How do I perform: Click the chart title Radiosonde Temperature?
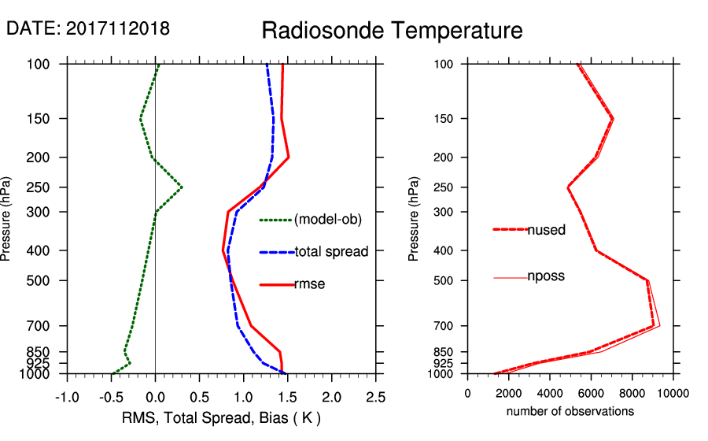tap(392, 31)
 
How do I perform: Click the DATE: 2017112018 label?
tap(88, 28)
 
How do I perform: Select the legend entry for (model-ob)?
tap(327, 220)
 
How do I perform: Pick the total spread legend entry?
tap(331, 252)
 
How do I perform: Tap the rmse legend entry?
tap(310, 284)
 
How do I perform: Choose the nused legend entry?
tap(546, 230)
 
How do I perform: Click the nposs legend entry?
tap(546, 276)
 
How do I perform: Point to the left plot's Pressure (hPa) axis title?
tap(8, 218)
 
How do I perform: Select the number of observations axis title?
tap(570, 411)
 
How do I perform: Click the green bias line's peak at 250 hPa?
tap(182, 187)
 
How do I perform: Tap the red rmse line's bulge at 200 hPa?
tap(289, 157)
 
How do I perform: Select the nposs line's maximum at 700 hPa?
tap(659, 325)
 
